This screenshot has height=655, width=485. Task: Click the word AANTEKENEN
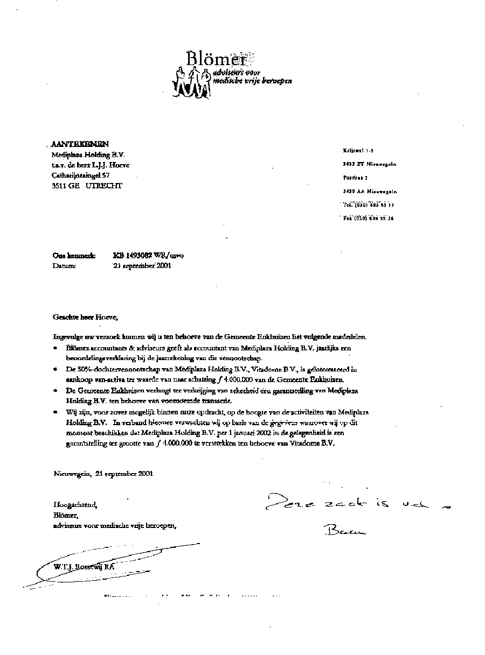tap(80, 144)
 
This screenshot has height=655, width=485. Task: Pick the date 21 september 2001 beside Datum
tap(142, 265)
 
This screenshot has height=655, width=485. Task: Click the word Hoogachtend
tap(75, 505)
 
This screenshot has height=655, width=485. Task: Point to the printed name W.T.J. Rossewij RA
tap(84, 567)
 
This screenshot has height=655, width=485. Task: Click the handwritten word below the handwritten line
tap(345, 532)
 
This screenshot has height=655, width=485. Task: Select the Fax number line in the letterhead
tap(368, 219)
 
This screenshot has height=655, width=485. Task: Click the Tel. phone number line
tap(369, 205)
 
